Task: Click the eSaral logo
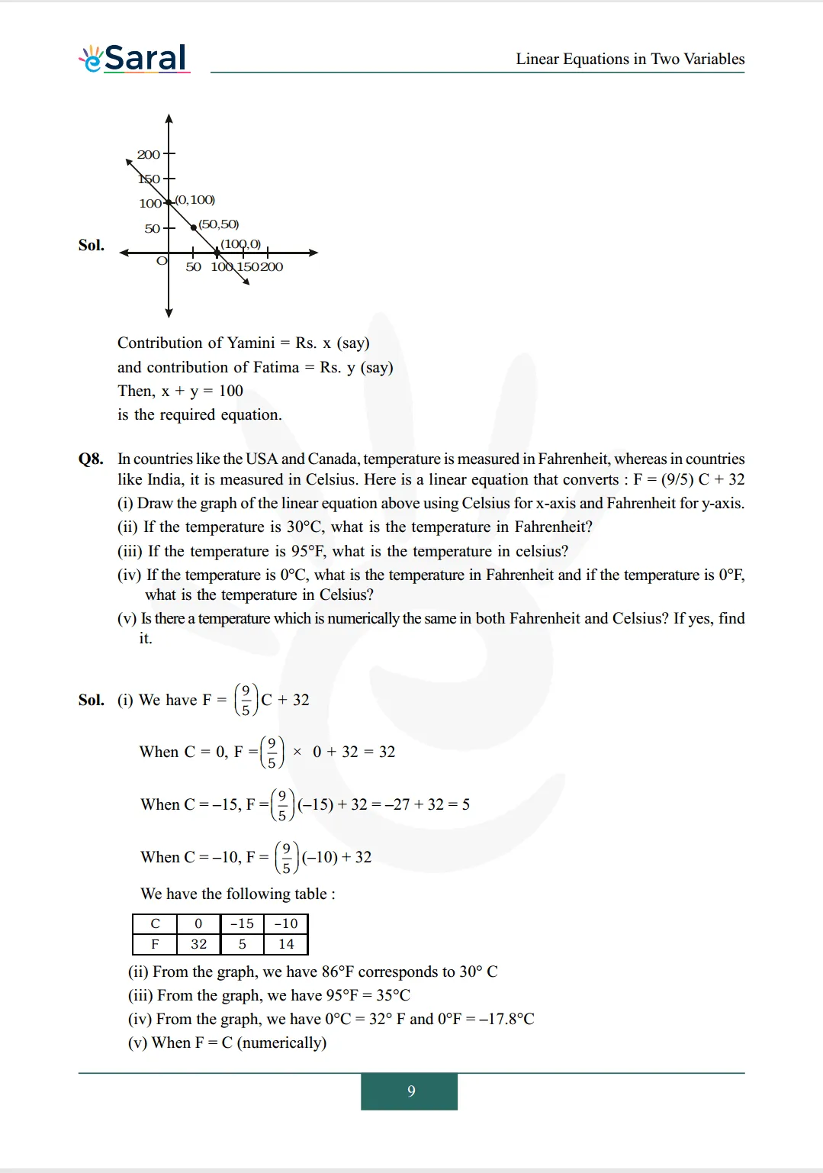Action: click(134, 58)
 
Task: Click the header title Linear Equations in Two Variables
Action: click(629, 59)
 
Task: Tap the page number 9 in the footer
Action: click(410, 1091)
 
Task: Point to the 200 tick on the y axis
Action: click(148, 154)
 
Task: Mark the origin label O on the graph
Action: click(161, 261)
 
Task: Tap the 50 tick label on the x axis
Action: click(193, 267)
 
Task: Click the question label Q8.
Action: click(91, 459)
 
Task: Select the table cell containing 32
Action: click(198, 944)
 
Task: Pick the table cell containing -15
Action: click(242, 923)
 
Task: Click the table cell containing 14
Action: click(286, 944)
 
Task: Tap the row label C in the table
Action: click(155, 923)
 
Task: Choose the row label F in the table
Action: click(155, 944)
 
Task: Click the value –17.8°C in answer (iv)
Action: click(506, 1019)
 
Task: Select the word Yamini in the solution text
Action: click(252, 343)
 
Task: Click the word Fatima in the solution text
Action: click(276, 367)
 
